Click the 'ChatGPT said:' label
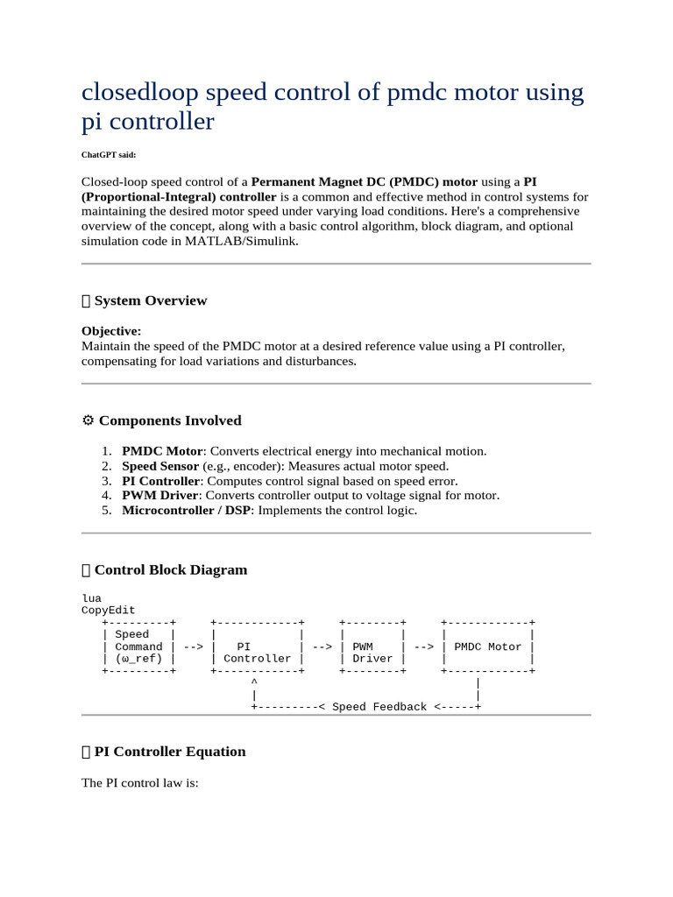[109, 154]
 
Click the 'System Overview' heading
[150, 300]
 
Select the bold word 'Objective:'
[111, 331]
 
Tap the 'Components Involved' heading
[169, 420]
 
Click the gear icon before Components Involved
[87, 420]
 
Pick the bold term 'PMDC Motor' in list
[162, 451]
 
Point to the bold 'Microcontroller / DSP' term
[187, 511]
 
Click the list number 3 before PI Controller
[105, 481]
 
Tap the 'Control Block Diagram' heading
[170, 569]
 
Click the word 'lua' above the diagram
[91, 598]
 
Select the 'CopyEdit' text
[109, 611]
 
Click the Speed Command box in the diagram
[139, 646]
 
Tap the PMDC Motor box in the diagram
[488, 646]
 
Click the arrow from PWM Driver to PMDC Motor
[423, 647]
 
